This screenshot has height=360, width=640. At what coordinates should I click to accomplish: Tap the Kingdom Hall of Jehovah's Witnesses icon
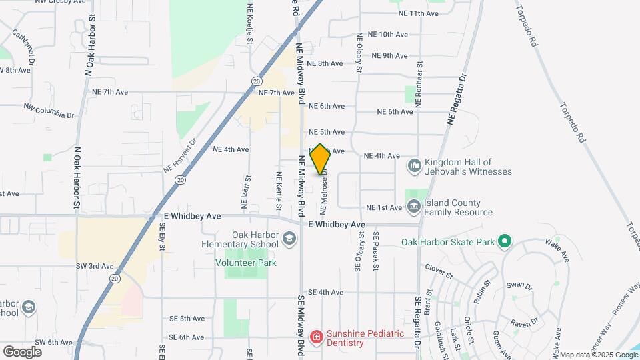coord(414,165)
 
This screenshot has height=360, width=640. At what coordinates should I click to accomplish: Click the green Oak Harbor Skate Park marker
coord(505,241)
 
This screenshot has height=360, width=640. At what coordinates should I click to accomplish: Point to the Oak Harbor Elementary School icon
coord(289,238)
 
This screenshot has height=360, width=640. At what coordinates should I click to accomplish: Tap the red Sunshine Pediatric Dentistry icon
coord(316,337)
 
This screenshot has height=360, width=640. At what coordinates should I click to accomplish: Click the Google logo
coord(22,352)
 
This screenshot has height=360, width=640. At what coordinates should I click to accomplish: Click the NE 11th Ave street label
coord(418,13)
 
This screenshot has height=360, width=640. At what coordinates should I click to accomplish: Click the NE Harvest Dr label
coord(181,156)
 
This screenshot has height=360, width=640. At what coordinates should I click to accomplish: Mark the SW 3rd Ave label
coord(94,266)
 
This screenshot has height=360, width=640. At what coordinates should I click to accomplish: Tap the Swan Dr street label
coord(519,286)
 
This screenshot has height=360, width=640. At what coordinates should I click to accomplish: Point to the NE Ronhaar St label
coord(419,87)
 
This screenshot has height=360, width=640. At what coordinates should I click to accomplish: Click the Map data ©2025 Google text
coord(599,355)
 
